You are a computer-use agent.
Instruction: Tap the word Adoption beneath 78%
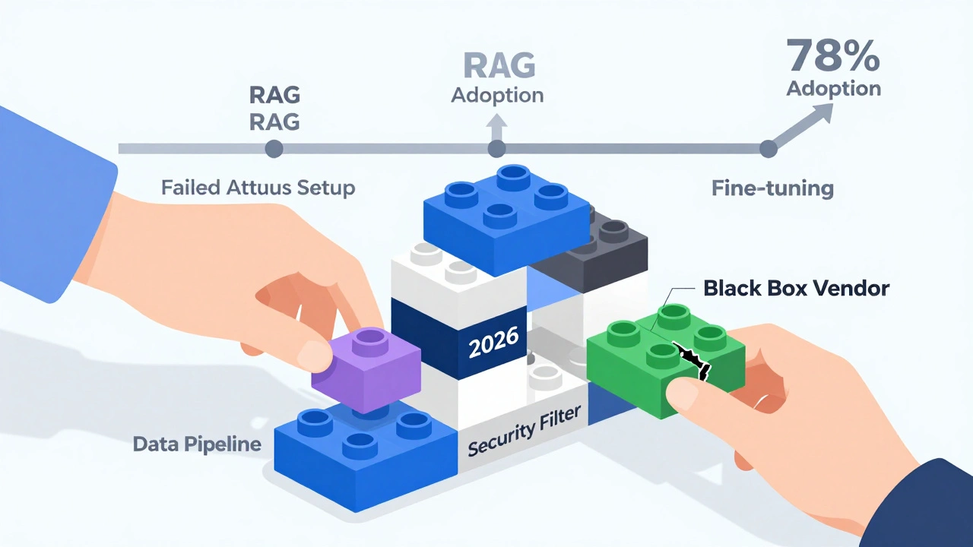[x=833, y=89]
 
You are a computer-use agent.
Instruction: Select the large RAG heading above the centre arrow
[x=498, y=65]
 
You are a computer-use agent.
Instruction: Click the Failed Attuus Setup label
[x=258, y=187]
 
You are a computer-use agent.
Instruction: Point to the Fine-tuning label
[x=772, y=188]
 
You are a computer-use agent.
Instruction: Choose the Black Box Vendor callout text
[x=796, y=288]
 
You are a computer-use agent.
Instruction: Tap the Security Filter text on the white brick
[x=524, y=431]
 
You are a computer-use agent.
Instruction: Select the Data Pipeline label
[x=197, y=444]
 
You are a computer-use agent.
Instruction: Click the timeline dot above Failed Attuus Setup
[x=274, y=148]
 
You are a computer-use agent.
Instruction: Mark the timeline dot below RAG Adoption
[x=496, y=148]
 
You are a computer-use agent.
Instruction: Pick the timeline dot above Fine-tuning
[x=769, y=148]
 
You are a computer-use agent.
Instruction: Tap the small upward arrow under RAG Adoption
[x=496, y=124]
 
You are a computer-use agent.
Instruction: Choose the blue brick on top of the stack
[x=506, y=215]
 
